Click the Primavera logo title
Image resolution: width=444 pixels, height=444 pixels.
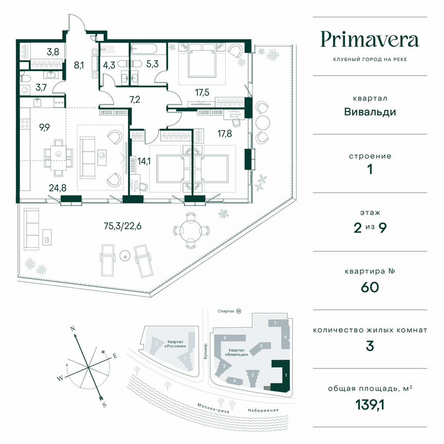pyautogui.click(x=370, y=40)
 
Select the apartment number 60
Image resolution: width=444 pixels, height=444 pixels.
pyautogui.click(x=370, y=286)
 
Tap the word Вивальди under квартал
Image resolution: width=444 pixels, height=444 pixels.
pyautogui.click(x=370, y=112)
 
